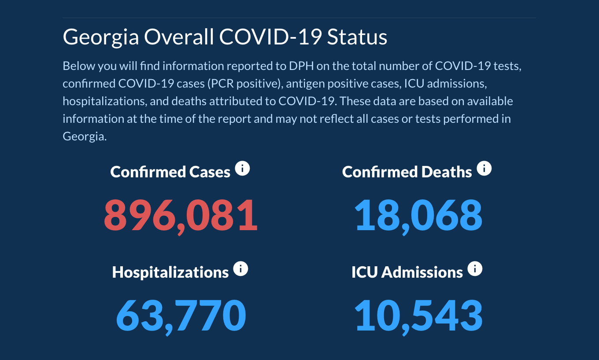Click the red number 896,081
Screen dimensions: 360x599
(181, 216)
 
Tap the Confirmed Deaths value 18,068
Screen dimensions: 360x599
(418, 216)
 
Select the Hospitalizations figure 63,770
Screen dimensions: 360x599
(181, 316)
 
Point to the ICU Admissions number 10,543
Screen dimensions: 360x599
(418, 316)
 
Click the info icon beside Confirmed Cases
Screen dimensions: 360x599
(242, 168)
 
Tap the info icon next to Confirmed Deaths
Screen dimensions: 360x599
(484, 168)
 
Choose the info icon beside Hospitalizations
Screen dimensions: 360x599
(240, 268)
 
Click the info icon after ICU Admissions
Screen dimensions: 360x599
(475, 268)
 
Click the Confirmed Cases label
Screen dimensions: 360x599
(170, 172)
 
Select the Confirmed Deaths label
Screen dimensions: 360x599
(407, 172)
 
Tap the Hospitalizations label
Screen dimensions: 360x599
(170, 272)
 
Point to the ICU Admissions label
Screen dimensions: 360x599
(407, 272)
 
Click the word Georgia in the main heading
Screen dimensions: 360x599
(101, 37)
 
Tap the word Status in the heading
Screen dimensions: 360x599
(357, 37)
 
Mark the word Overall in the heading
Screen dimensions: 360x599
(179, 37)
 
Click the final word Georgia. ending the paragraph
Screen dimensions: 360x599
(85, 136)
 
